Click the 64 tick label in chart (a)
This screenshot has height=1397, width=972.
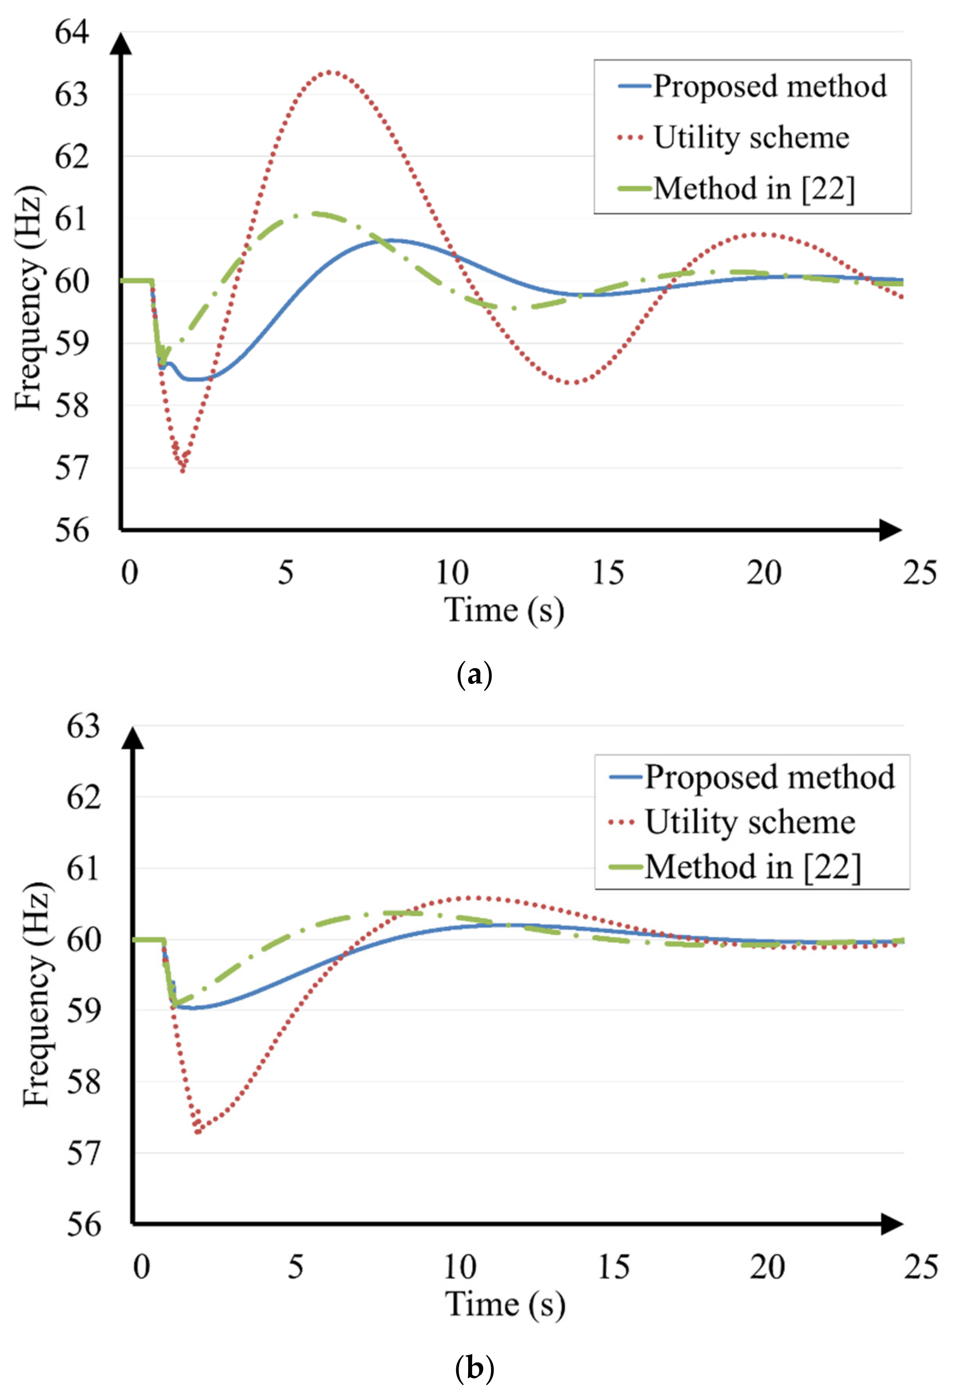[x=72, y=32]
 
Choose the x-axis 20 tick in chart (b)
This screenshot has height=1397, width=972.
[x=767, y=1267]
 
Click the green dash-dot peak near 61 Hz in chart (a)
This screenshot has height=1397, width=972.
[x=313, y=213]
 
